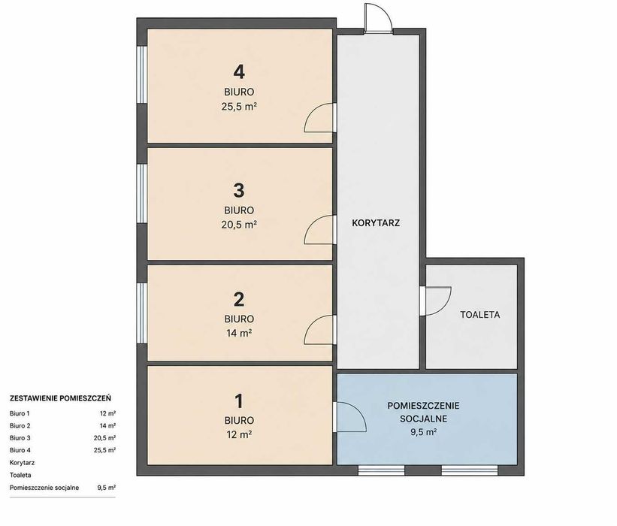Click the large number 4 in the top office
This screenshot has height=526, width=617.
tap(239, 72)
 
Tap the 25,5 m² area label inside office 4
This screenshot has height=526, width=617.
tap(239, 107)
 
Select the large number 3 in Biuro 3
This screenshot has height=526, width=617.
tap(239, 190)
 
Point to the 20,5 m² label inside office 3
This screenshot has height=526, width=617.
tap(239, 225)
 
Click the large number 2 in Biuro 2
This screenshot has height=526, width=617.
tap(239, 299)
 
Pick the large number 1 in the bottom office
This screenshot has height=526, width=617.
tap(239, 401)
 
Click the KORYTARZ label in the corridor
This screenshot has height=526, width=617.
tap(376, 223)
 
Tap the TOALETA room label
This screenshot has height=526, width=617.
tap(480, 315)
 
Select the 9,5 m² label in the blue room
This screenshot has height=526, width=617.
tap(423, 432)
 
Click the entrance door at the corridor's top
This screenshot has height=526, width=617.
tap(378, 18)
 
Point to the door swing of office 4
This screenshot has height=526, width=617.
tap(319, 117)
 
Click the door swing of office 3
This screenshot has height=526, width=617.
tap(319, 229)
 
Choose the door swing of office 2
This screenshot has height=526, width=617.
tap(319, 330)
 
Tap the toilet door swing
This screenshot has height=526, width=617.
tap(436, 301)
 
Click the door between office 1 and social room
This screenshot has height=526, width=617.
tap(349, 417)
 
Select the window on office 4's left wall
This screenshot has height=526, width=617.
tap(142, 74)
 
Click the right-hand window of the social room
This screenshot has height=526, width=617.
tap(469, 470)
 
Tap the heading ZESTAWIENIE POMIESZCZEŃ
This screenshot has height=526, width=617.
tap(60, 398)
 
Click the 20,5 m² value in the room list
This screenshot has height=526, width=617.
tap(104, 438)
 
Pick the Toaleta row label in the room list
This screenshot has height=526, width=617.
tap(20, 475)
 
